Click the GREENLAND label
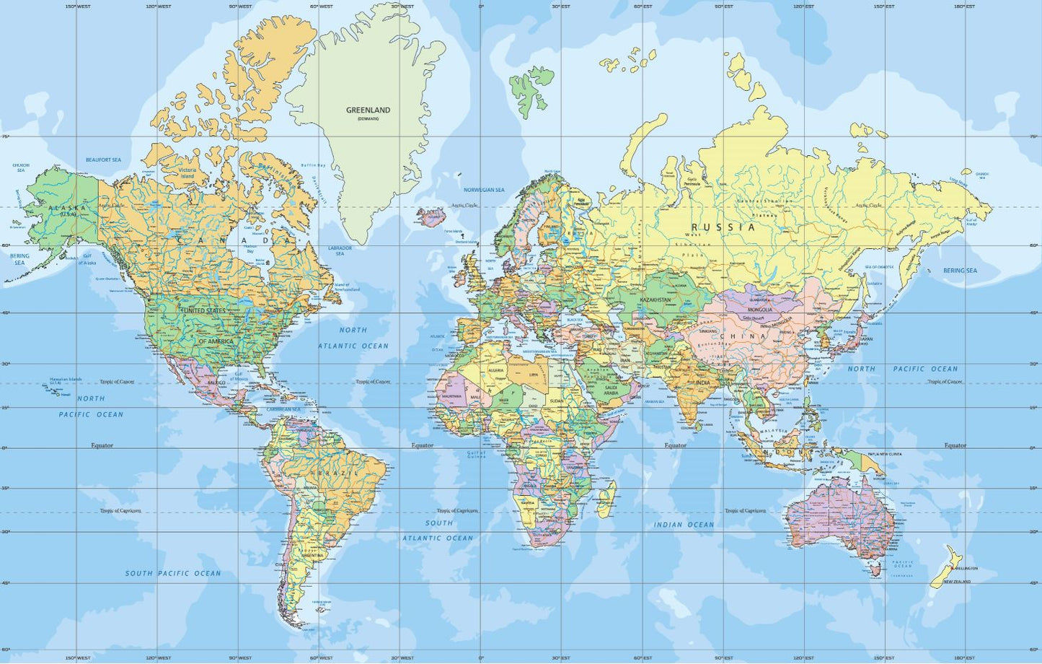tap(368, 110)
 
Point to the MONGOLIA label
tap(760, 310)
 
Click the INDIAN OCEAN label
tap(684, 525)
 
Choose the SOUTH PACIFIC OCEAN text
tap(173, 573)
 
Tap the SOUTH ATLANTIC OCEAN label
tap(438, 530)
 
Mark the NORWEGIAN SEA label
tap(484, 190)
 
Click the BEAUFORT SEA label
tap(103, 160)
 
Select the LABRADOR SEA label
tap(340, 250)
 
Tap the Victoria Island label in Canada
tap(187, 173)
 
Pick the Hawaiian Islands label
tap(66, 379)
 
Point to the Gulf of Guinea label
tap(477, 455)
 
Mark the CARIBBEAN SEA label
tap(283, 409)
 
